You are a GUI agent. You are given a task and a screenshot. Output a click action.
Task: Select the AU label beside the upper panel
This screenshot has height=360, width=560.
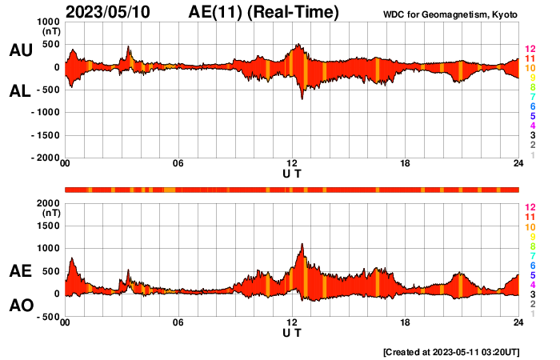[x=20, y=50]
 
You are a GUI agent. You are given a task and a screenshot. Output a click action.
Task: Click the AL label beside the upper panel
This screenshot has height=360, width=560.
[x=20, y=91]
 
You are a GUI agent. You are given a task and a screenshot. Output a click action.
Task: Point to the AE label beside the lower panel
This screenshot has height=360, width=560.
[x=20, y=271]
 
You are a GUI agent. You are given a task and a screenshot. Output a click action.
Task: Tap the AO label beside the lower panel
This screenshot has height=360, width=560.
[x=20, y=306]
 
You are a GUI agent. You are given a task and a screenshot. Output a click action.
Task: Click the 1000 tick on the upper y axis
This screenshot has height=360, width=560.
[x=47, y=22]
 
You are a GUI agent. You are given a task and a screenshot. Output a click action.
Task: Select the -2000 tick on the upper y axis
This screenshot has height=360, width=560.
[x=45, y=158]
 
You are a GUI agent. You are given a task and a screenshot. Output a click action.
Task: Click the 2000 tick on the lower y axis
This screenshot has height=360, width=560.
[x=47, y=203]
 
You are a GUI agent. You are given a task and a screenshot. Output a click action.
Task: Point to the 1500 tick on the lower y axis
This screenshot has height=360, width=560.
[x=47, y=226]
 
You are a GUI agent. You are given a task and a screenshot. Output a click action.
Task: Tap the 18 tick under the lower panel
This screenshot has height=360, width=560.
[x=406, y=322]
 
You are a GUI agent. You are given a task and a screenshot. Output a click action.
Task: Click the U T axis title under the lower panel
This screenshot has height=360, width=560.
[x=292, y=332]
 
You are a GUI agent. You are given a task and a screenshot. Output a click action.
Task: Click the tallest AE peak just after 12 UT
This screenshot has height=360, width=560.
[x=302, y=244]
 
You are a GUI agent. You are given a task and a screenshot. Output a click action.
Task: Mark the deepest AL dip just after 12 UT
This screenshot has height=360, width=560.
[x=302, y=98]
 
